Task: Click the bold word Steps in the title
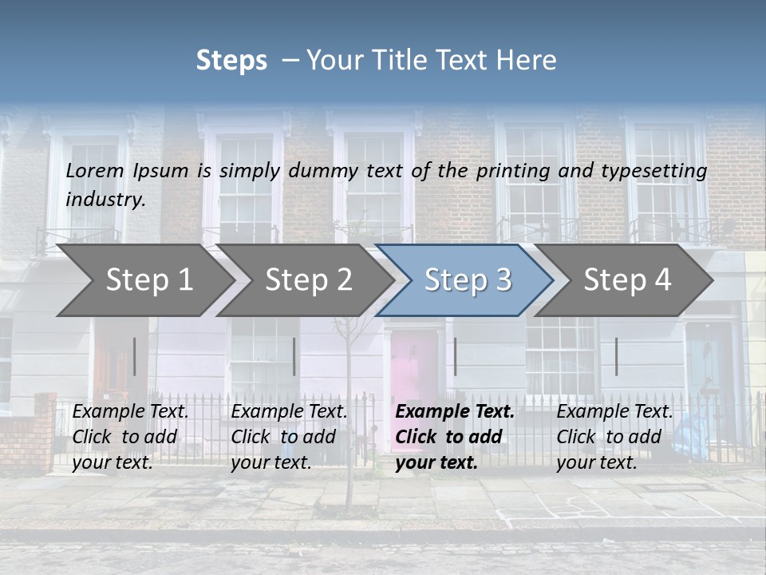point(231,61)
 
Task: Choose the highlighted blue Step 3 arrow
point(467,280)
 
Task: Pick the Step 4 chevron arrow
point(626,280)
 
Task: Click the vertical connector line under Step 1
point(135,356)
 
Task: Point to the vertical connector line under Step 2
point(294,356)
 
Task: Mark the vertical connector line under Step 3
point(456,356)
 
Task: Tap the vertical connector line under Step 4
point(617,356)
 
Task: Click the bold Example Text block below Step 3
point(455,437)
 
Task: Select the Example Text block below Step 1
point(131,437)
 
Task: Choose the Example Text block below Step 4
point(614,437)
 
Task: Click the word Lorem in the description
point(95,171)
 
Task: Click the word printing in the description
point(511,171)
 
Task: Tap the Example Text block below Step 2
point(289,437)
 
